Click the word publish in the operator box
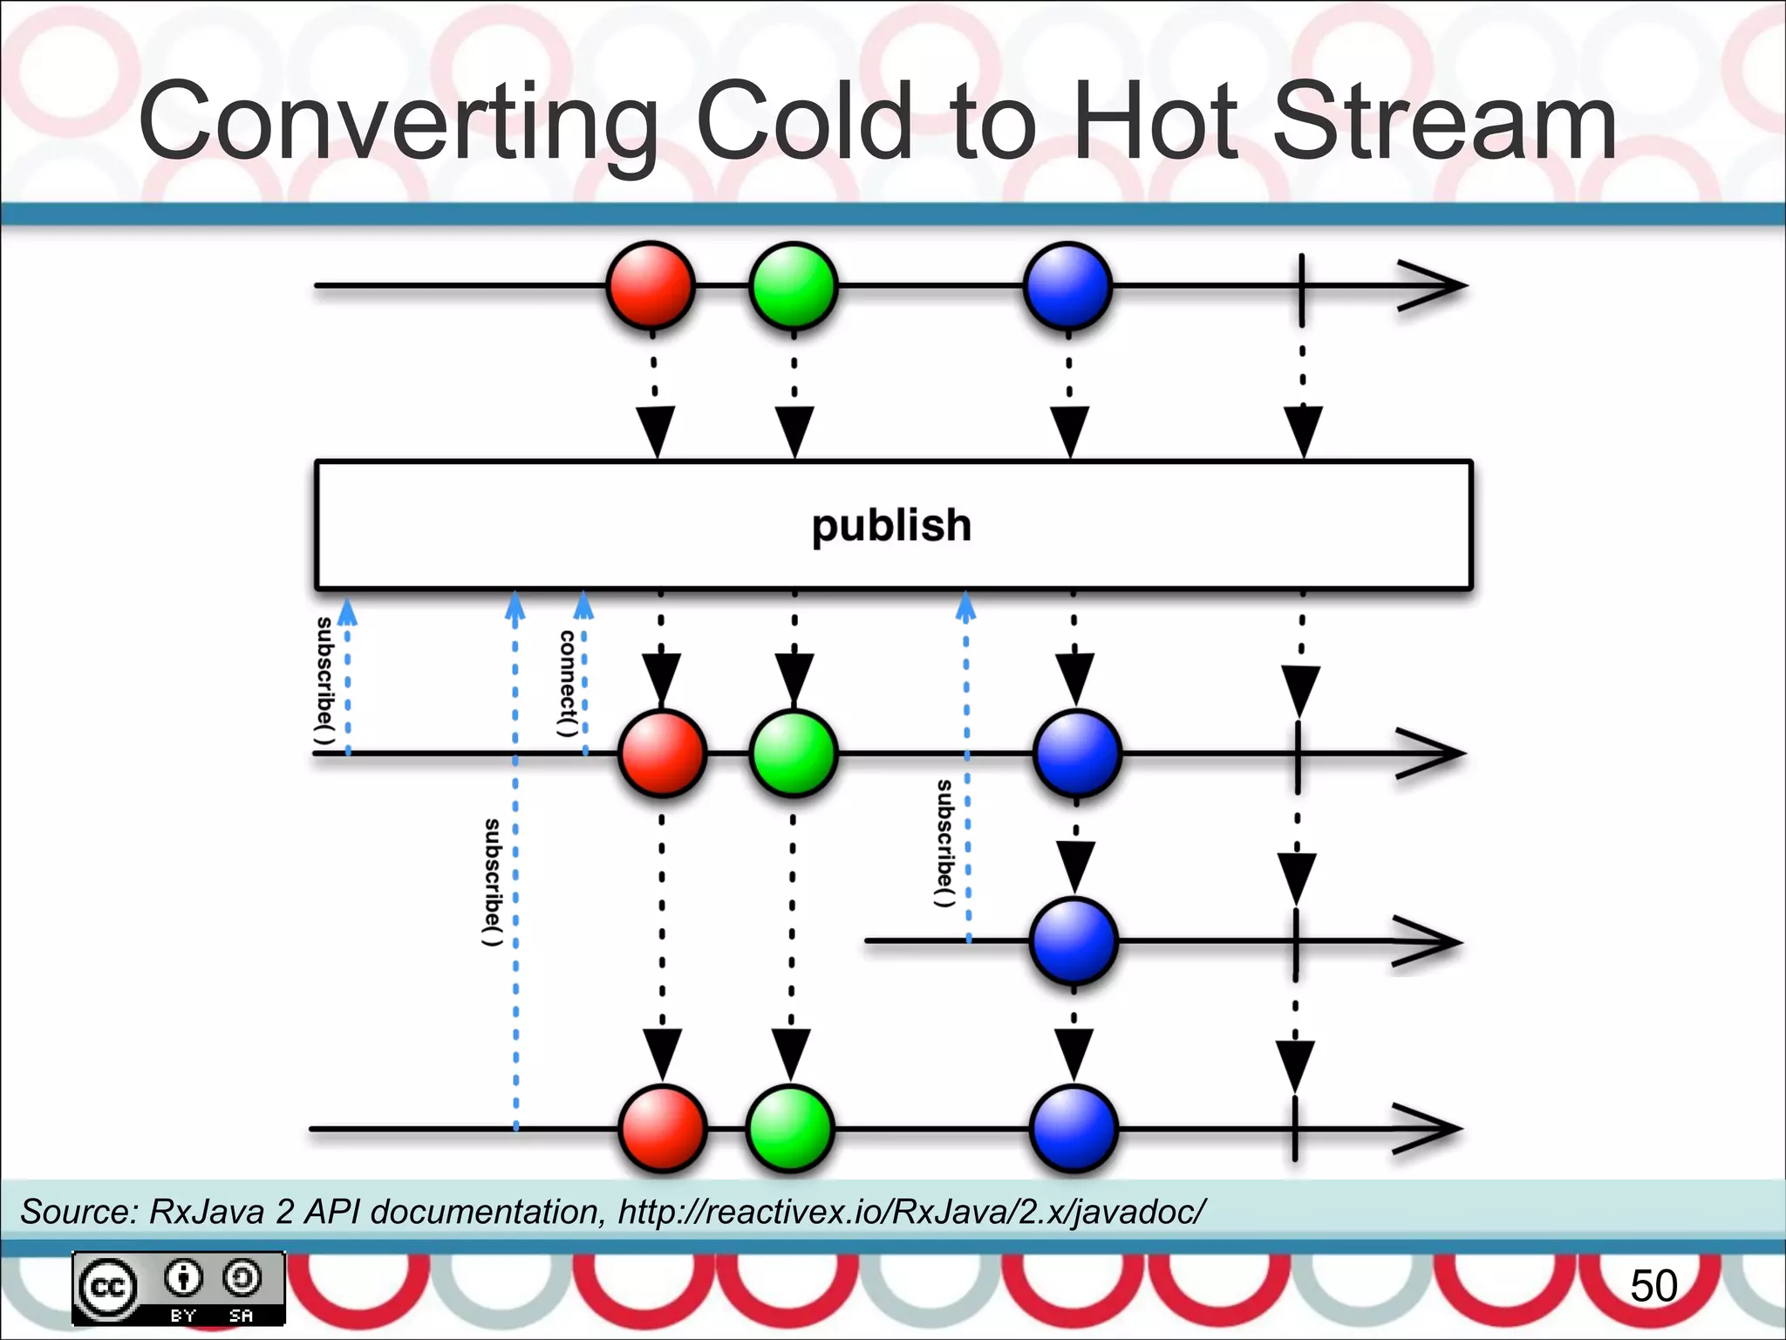click(891, 525)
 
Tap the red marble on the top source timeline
click(651, 285)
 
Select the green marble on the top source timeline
click(794, 285)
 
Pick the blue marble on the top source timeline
click(1067, 285)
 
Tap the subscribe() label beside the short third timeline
click(944, 843)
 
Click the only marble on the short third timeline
click(1074, 941)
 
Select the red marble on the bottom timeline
click(663, 1128)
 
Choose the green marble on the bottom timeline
click(790, 1128)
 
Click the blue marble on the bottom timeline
click(1074, 1128)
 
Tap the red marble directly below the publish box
click(662, 753)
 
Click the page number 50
click(1653, 1286)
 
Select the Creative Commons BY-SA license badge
click(179, 1289)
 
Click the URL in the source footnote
click(912, 1212)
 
